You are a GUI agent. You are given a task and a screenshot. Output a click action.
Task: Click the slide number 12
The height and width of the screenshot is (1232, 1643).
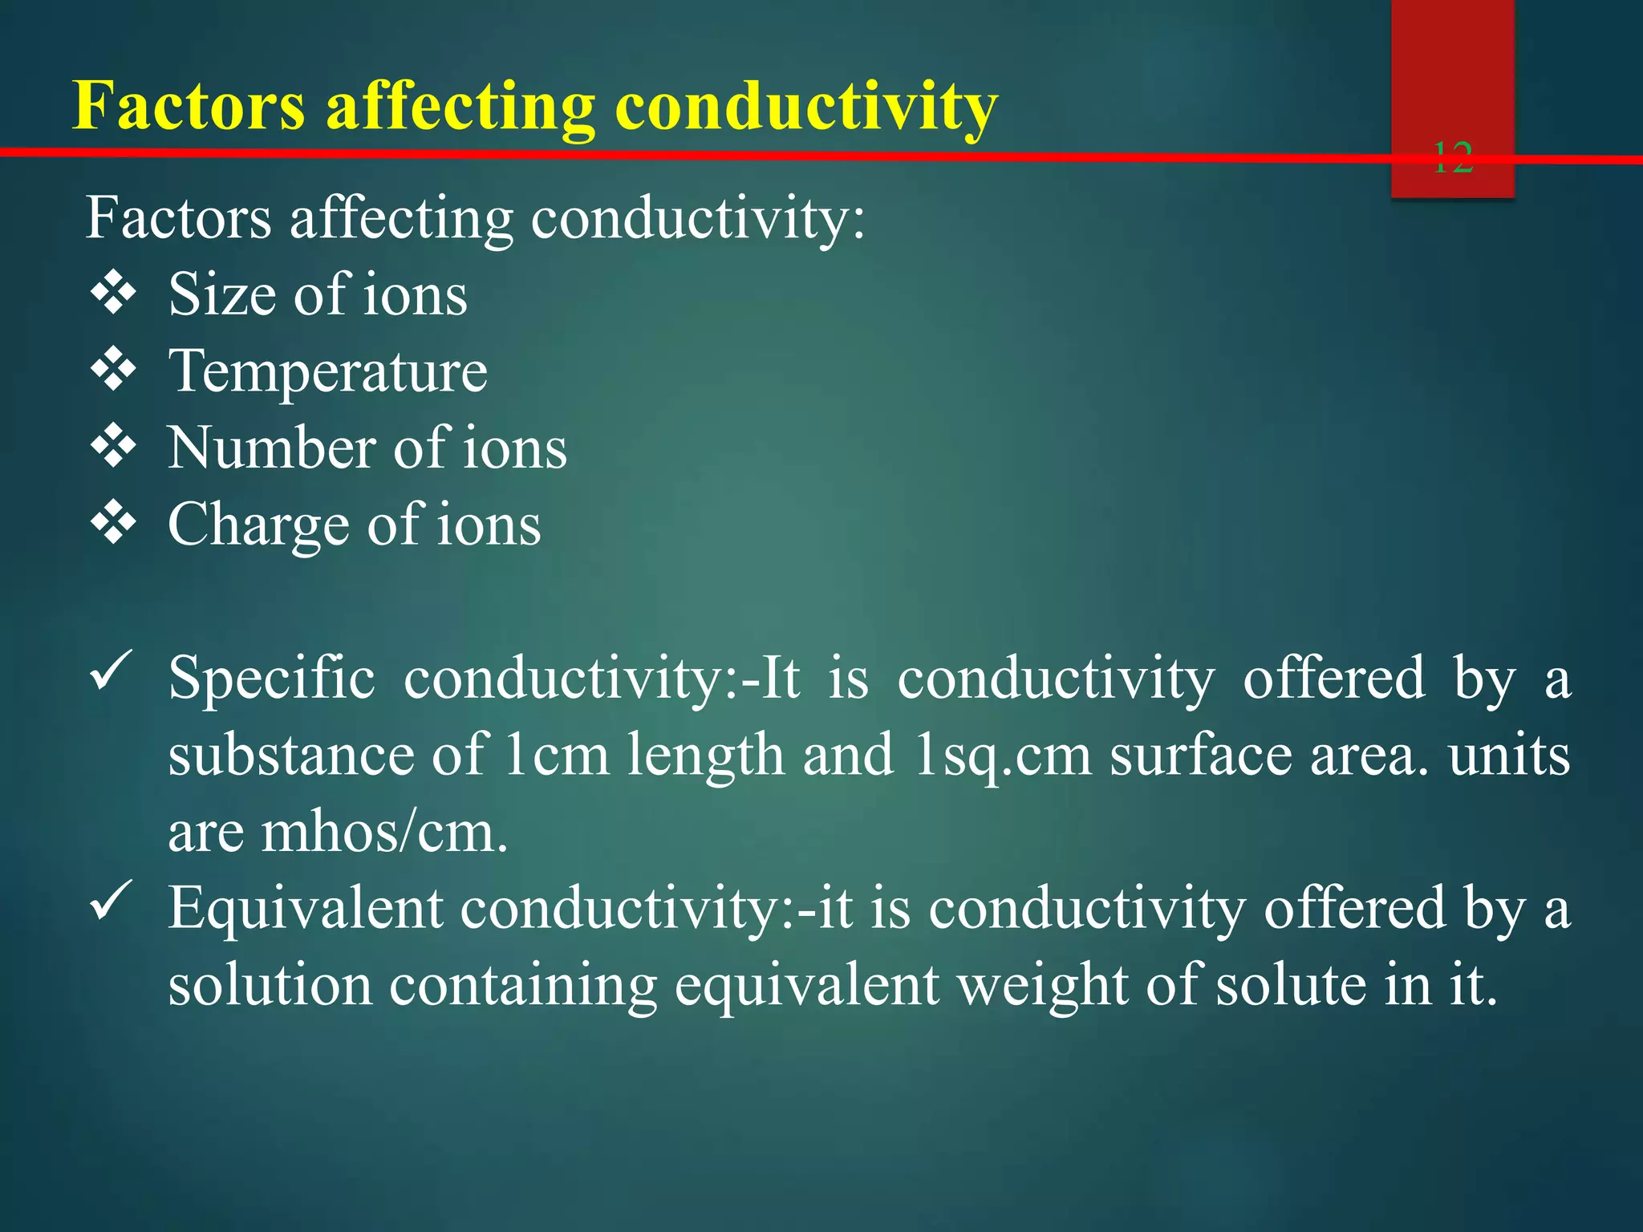click(x=1452, y=158)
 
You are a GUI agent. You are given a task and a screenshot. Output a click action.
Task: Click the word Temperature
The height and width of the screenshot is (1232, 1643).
click(x=328, y=371)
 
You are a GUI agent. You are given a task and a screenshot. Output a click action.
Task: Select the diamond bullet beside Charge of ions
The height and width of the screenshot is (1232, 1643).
click(x=113, y=525)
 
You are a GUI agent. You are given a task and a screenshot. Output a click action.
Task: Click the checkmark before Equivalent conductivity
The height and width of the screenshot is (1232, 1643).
click(x=111, y=901)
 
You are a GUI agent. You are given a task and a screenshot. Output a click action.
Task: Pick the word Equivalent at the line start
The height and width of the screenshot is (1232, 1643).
click(x=306, y=909)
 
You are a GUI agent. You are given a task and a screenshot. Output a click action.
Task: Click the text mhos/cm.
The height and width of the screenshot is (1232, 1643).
click(x=385, y=833)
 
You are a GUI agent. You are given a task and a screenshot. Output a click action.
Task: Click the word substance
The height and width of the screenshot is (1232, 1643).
click(x=290, y=756)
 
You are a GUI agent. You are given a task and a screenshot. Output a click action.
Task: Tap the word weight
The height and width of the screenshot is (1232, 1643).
click(x=1043, y=987)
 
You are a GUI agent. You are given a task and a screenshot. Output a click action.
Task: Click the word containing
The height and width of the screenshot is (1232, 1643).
click(x=523, y=987)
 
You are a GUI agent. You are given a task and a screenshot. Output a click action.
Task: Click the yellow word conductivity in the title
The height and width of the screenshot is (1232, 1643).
click(x=806, y=107)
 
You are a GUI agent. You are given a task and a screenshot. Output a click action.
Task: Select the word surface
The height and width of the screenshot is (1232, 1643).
click(x=1201, y=756)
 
